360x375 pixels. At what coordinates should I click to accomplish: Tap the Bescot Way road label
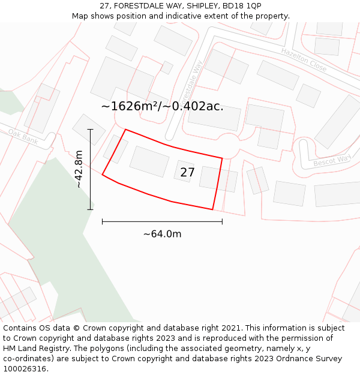coord(332,161)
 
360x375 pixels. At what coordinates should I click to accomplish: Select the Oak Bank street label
coord(23,136)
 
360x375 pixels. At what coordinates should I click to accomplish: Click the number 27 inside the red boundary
coord(187,173)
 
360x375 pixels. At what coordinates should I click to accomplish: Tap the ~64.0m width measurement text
coord(162,234)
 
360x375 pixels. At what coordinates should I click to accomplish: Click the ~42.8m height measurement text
coord(79,169)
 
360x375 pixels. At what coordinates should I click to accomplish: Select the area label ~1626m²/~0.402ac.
coord(162,107)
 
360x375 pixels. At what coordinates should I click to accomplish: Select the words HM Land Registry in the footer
coord(33,349)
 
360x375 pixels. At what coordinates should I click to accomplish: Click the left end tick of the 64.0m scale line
coord(103,221)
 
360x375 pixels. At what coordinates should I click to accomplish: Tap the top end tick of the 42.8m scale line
coord(91,129)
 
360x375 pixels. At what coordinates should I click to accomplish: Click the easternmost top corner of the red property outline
coord(223,158)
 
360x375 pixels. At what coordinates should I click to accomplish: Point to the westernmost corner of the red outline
coord(103,175)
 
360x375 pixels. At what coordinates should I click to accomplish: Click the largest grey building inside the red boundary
coord(149,161)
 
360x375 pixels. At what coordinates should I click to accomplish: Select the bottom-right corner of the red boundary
coord(213,209)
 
